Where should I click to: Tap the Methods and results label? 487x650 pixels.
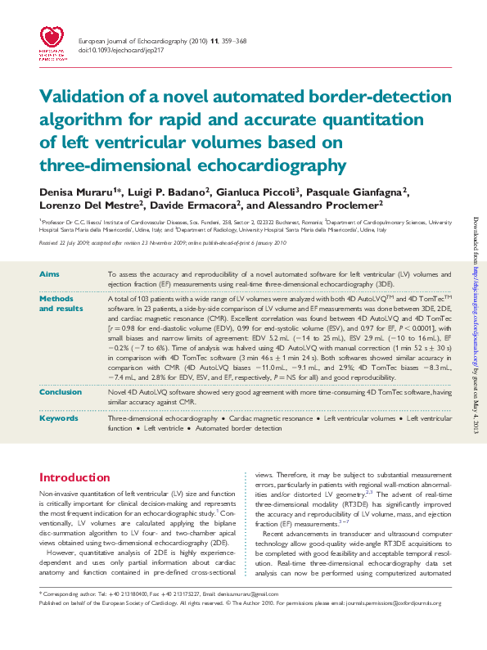pos(61,304)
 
